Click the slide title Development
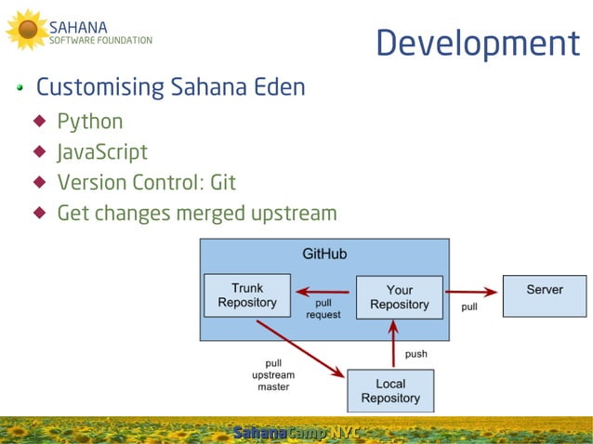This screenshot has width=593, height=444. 477,44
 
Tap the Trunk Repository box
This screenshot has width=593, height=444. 247,295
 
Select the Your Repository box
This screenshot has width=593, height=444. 400,297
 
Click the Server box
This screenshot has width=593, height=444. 544,295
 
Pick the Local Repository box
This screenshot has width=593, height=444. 390,391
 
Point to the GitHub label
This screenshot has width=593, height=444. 324,253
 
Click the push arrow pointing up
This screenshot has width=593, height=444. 393,344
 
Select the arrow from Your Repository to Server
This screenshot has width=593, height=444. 472,292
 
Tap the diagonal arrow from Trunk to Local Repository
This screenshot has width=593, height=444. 299,348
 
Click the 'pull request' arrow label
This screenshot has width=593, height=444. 323,308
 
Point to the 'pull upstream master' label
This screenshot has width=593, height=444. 273,374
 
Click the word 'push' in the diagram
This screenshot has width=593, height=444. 415,354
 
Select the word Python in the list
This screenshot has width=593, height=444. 90,122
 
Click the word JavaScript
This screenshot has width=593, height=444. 102,152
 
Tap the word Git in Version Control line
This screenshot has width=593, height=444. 223,183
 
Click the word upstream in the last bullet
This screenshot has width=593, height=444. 293,214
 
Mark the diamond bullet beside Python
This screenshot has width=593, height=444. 39,121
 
